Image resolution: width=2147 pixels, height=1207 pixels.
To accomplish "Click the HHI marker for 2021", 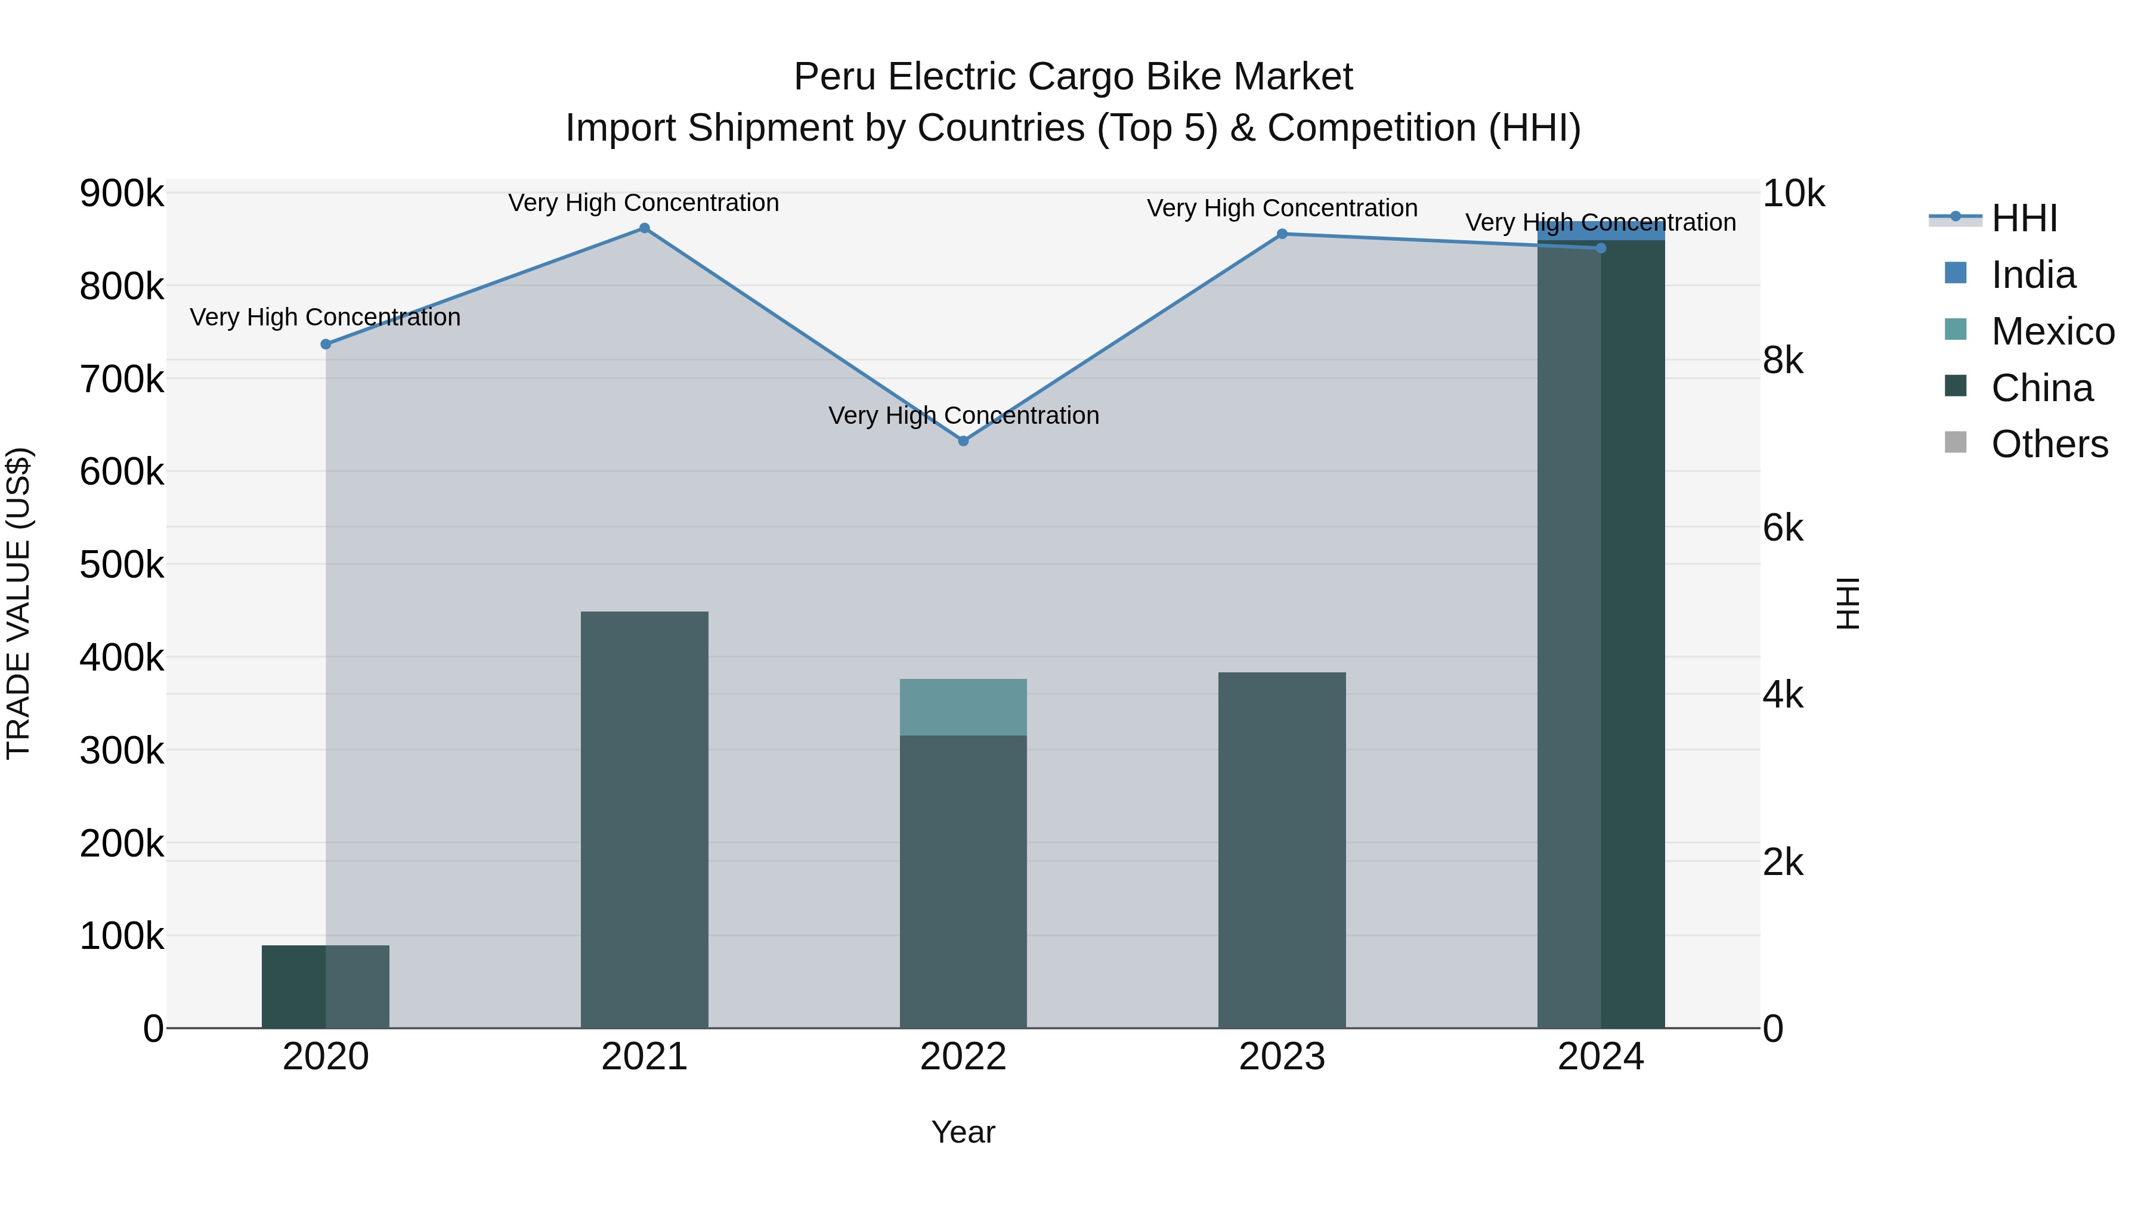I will (644, 228).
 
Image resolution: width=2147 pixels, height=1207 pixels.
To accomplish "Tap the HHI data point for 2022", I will (964, 440).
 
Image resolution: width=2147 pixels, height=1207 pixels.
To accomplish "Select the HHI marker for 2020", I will (326, 344).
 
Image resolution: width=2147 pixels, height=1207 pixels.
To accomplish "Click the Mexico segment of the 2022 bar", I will (964, 707).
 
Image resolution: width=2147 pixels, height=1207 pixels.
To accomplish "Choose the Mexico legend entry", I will (2052, 331).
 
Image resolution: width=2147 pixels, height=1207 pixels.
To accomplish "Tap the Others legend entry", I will (2049, 444).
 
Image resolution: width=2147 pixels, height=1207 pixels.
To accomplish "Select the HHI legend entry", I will (2024, 218).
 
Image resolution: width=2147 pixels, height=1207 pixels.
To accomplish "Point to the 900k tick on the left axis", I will (122, 193).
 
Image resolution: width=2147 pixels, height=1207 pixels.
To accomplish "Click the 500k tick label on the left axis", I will (122, 565).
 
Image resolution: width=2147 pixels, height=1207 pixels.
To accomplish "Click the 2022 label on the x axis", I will (964, 1057).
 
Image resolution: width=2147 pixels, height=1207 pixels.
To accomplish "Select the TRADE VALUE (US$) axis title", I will (18, 603).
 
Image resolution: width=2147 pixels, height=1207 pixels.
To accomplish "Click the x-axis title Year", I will (964, 1132).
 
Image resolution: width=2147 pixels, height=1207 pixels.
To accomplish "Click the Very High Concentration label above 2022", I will (964, 415).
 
